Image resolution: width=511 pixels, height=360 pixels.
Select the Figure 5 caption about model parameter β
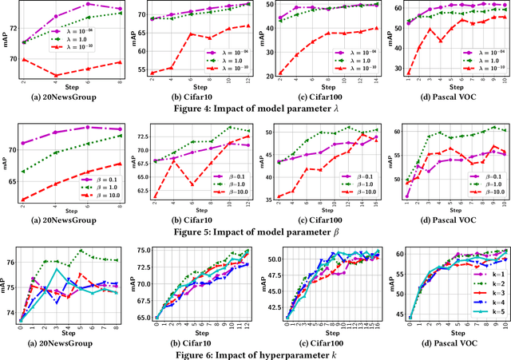[x=255, y=232]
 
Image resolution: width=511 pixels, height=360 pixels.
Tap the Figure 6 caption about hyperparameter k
[x=255, y=354]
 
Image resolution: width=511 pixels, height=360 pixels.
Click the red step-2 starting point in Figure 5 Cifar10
[x=153, y=196]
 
